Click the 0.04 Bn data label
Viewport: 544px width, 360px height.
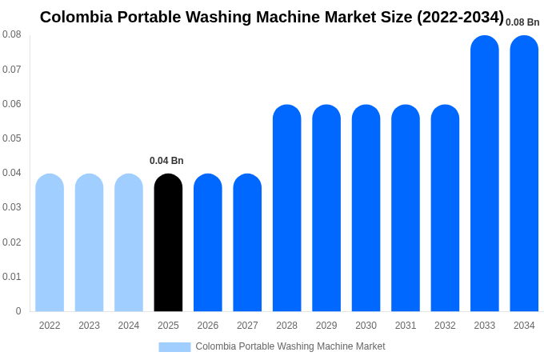(166, 161)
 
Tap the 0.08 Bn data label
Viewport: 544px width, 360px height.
(522, 22)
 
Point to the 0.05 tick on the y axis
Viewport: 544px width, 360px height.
(12, 138)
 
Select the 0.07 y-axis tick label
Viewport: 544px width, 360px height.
(12, 70)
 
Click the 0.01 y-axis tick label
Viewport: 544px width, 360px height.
(12, 277)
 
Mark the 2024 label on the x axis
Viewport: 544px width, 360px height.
(129, 326)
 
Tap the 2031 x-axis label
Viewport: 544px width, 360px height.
(406, 326)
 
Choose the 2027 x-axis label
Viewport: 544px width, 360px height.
(247, 326)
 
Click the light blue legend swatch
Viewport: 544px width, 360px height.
(174, 346)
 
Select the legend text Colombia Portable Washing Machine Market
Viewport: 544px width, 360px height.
(290, 346)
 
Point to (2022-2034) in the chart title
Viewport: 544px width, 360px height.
(460, 17)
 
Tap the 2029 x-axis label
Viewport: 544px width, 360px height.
(326, 326)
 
